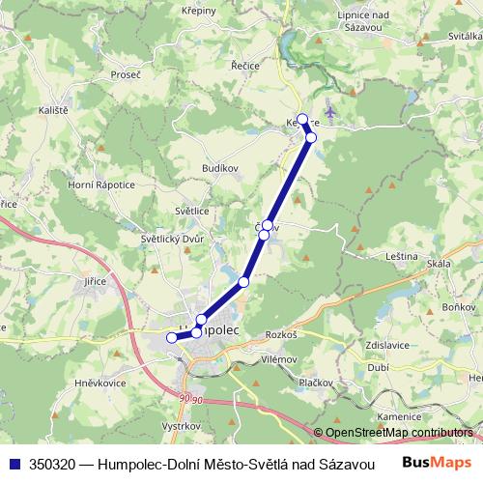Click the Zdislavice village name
[x=388, y=343]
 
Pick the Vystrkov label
[x=182, y=425]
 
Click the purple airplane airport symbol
[x=331, y=113]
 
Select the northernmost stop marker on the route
[x=302, y=119]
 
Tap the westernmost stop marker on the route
[x=172, y=337]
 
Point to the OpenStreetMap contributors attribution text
[x=398, y=432]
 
